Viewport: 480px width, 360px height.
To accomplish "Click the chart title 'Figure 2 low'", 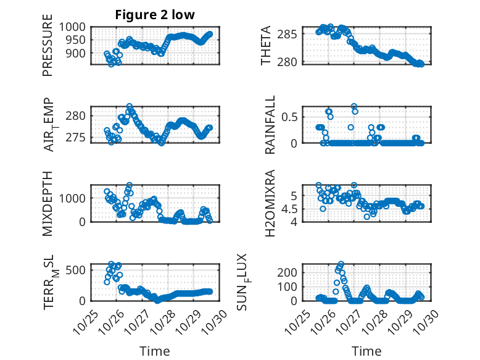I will tap(155, 15).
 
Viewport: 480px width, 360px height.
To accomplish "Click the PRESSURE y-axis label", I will tap(48, 49).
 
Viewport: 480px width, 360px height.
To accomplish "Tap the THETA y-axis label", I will tap(266, 45).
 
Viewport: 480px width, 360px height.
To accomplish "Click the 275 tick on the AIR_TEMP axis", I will tap(79, 137).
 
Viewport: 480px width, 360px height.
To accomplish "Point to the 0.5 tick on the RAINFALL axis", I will tap(291, 116).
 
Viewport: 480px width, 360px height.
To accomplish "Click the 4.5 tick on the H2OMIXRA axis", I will tap(291, 209).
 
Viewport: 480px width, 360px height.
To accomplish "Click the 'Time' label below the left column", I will tap(154, 351).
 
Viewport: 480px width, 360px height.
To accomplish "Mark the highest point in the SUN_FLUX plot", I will tap(341, 264).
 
